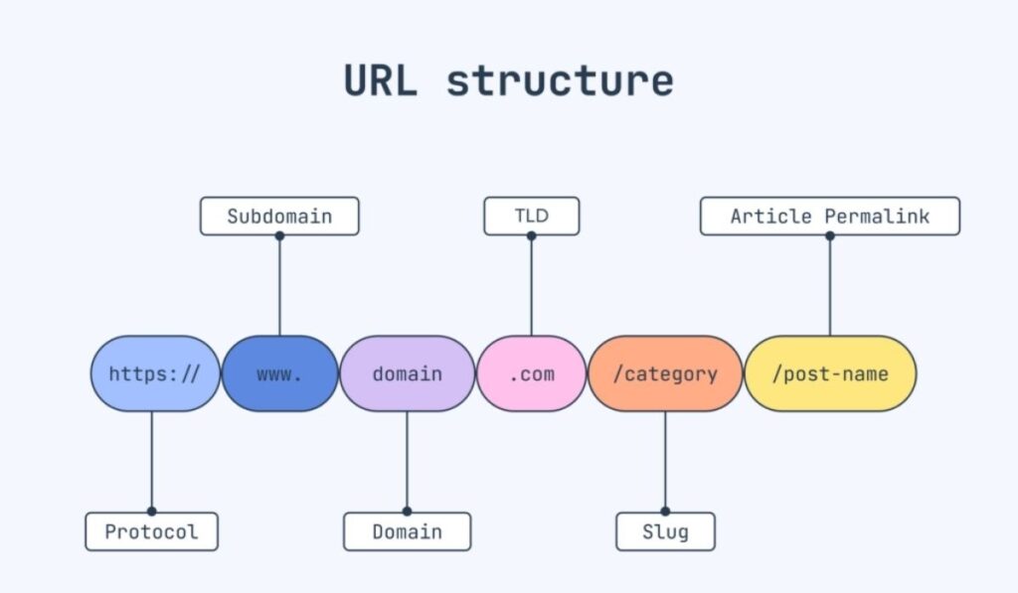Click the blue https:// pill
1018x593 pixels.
click(x=154, y=373)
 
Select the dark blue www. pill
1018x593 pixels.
click(x=279, y=373)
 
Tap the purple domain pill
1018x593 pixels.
click(x=407, y=373)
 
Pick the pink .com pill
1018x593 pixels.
click(x=531, y=373)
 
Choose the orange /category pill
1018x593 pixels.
click(x=665, y=373)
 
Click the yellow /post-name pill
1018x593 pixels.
click(x=830, y=373)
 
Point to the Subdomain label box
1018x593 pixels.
click(x=279, y=216)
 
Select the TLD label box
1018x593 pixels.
click(x=531, y=216)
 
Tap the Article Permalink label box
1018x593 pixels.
click(x=830, y=216)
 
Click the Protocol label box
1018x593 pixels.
click(x=151, y=531)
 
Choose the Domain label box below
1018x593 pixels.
click(x=407, y=531)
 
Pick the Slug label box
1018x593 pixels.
click(x=665, y=531)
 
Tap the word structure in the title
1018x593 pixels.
click(x=560, y=80)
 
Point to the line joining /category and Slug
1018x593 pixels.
click(x=665, y=462)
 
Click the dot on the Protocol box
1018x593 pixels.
click(x=151, y=512)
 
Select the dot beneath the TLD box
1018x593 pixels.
click(x=531, y=235)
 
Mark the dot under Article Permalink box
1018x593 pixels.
click(x=830, y=235)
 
